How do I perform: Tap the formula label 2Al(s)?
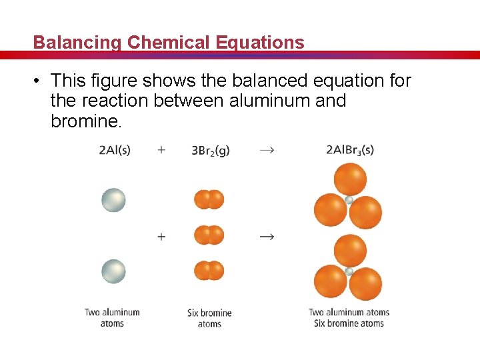(x=114, y=150)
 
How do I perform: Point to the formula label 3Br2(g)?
(x=211, y=151)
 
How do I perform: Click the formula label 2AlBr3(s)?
(x=350, y=150)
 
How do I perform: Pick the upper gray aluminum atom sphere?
(x=113, y=200)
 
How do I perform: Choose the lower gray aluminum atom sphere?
(x=113, y=271)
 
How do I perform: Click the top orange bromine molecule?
(x=209, y=199)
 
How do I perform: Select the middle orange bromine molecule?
(x=209, y=235)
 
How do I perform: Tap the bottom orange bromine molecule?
(x=209, y=271)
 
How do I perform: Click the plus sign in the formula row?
(x=161, y=150)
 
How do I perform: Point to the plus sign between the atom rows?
(x=161, y=236)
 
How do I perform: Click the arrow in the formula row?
(x=266, y=151)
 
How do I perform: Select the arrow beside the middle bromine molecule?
(x=267, y=236)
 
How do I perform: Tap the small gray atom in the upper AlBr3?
(x=349, y=199)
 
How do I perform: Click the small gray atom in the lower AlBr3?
(x=349, y=271)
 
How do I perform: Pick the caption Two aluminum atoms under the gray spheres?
(x=112, y=318)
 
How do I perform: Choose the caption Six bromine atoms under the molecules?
(x=209, y=318)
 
